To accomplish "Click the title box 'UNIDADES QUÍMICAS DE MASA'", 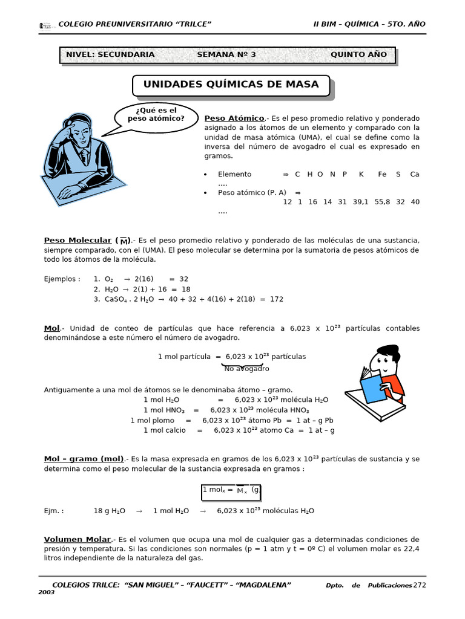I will [x=231, y=85].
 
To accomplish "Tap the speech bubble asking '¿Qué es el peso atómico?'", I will [x=156, y=114].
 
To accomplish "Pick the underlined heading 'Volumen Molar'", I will [x=77, y=539].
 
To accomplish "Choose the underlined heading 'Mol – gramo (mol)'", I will [x=84, y=459].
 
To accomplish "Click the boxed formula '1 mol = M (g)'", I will [x=231, y=490].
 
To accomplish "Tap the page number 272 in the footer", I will [x=420, y=585].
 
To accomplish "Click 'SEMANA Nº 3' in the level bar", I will [x=226, y=54].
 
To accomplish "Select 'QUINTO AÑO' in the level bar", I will [x=358, y=54].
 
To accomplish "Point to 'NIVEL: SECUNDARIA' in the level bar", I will [x=110, y=54].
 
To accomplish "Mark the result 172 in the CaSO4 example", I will [x=276, y=299].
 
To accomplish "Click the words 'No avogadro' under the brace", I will [x=246, y=368].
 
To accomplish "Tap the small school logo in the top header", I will [x=45, y=25].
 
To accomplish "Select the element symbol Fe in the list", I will [x=382, y=174].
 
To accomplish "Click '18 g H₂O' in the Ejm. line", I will [x=109, y=511].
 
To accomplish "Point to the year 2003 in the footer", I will [x=47, y=592].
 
